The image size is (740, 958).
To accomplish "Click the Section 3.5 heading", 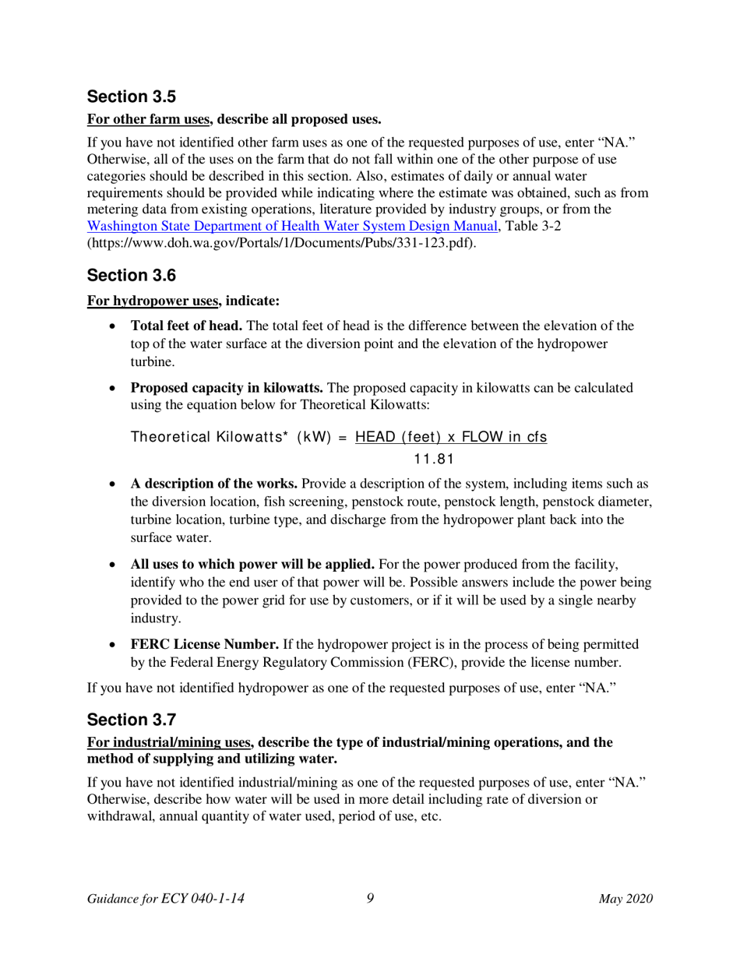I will (132, 97).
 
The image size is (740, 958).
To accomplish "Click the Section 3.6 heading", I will (132, 275).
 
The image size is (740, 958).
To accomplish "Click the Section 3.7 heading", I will (132, 719).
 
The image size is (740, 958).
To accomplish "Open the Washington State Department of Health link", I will (292, 227).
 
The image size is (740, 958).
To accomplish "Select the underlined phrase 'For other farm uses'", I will (150, 120).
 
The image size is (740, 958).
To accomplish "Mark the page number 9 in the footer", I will (370, 899).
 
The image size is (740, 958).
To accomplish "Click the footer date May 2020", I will (625, 900).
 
